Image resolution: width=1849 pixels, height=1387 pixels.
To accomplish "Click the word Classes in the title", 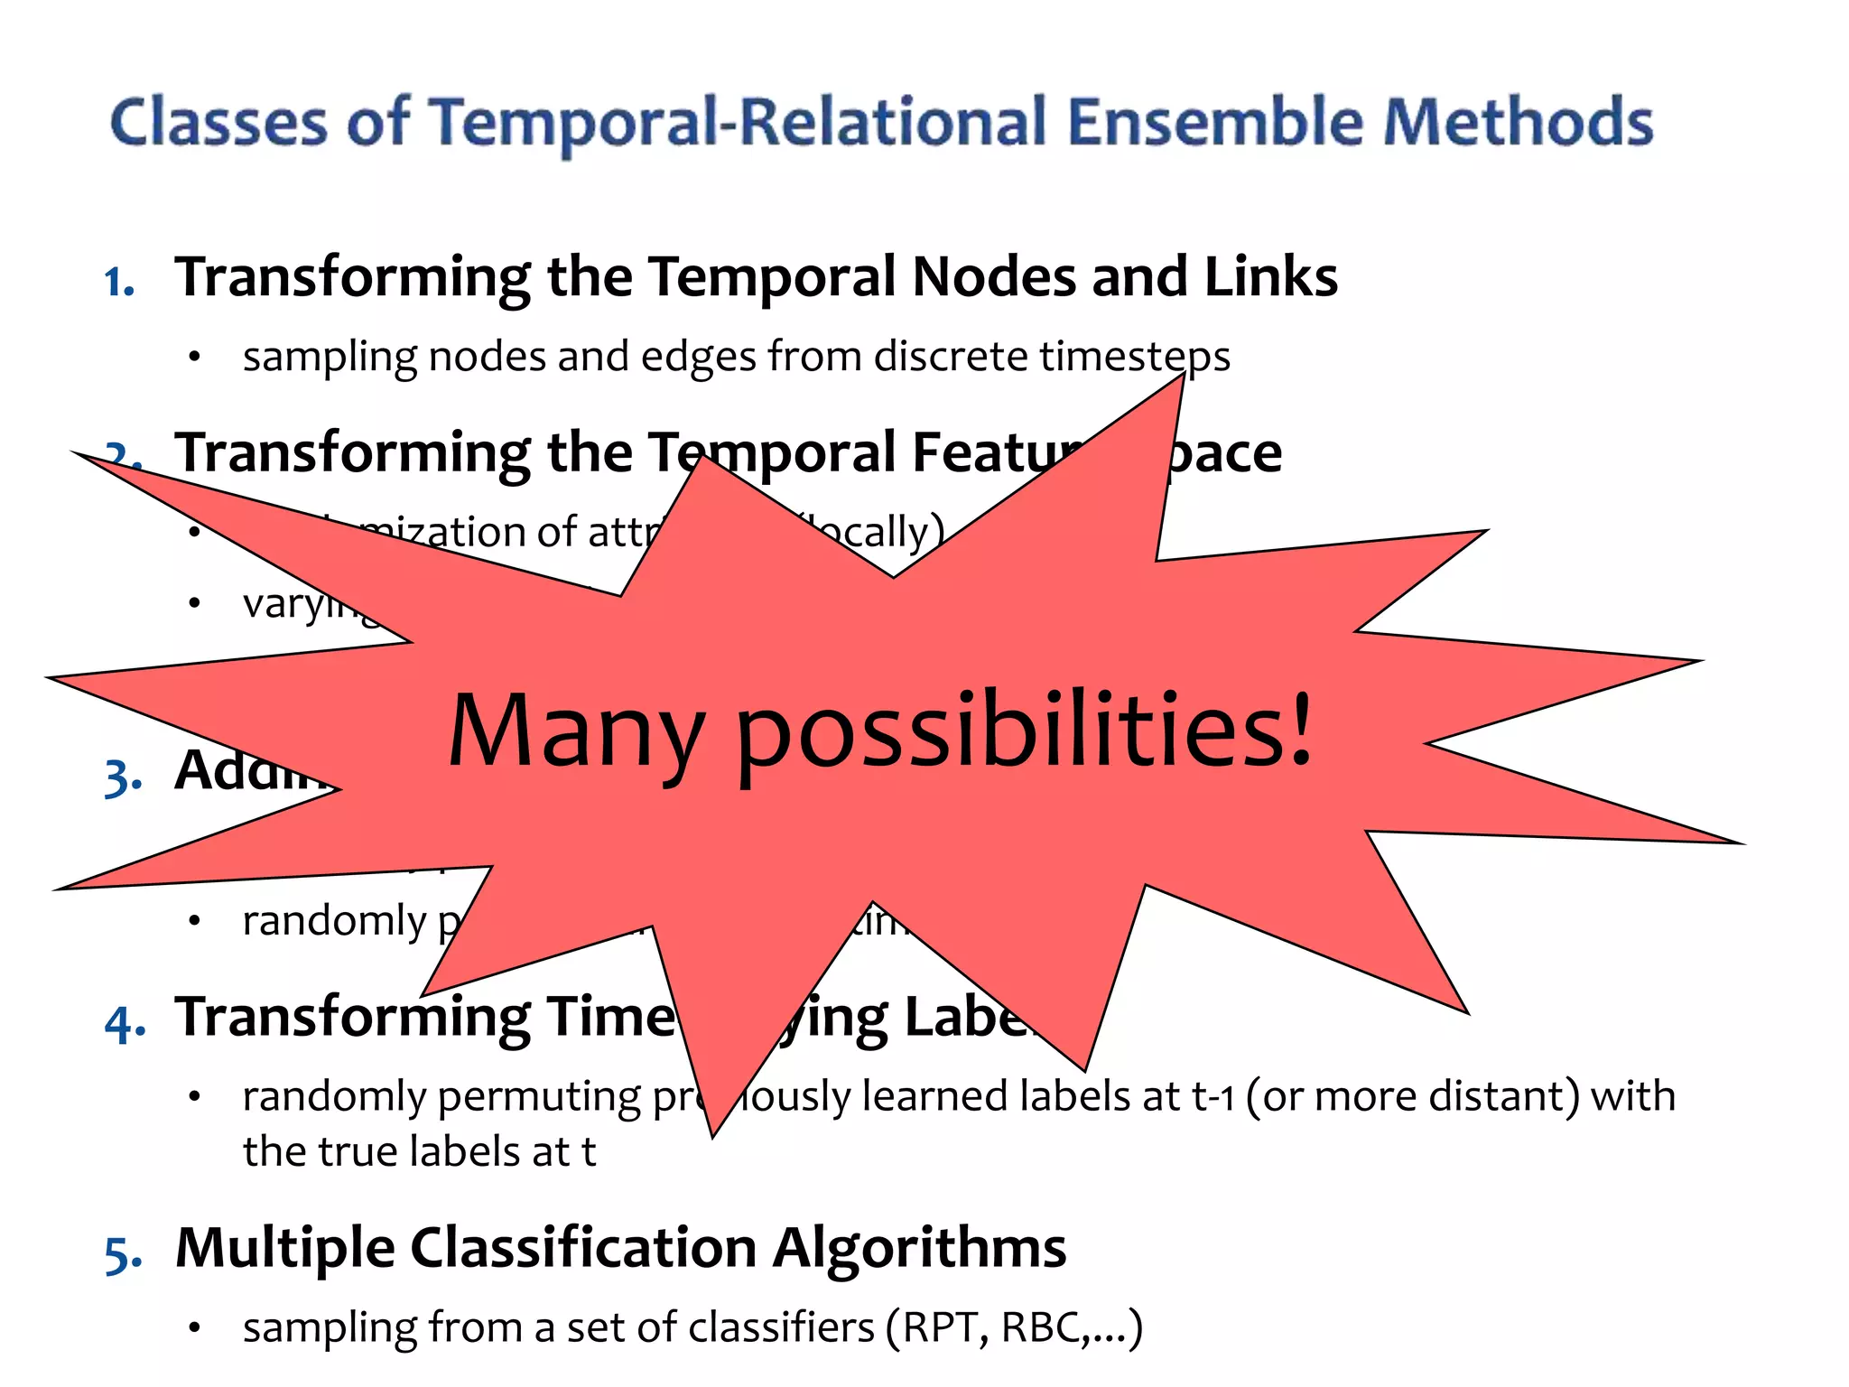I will tap(218, 122).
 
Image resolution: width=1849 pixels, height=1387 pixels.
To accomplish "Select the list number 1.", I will tap(118, 282).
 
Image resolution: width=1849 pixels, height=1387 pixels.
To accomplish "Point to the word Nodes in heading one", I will tap(994, 276).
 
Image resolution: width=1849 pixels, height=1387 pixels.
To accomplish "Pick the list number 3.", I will tap(123, 777).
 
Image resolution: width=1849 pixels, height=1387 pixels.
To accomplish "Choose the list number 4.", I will tap(125, 1023).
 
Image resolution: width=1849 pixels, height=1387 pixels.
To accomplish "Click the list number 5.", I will tap(123, 1254).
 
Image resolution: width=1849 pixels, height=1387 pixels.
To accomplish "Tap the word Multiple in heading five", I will tap(285, 1248).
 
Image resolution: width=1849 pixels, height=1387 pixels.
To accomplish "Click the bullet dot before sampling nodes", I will tap(194, 358).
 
